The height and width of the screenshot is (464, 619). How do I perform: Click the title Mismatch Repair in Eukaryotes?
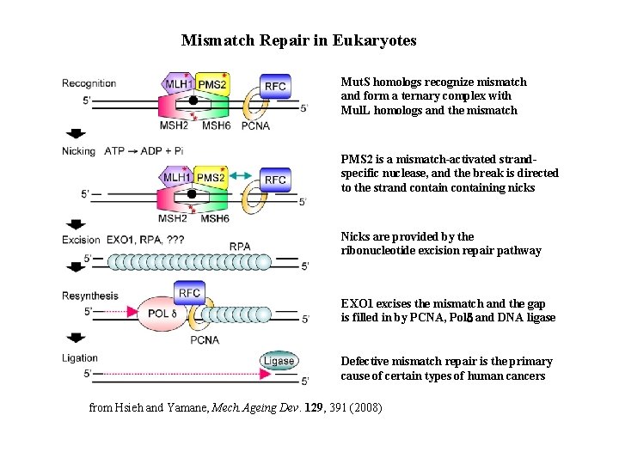(x=298, y=40)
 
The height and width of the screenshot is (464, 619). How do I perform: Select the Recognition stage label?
(x=89, y=83)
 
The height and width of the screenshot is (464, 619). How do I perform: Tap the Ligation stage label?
(x=80, y=358)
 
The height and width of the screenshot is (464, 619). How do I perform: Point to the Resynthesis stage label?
(x=90, y=296)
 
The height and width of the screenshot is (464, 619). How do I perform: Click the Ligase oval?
(x=279, y=361)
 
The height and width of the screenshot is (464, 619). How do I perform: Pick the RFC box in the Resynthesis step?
(x=190, y=293)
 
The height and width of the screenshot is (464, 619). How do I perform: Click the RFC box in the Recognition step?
(x=275, y=86)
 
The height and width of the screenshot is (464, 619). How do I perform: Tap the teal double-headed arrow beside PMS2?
(x=245, y=176)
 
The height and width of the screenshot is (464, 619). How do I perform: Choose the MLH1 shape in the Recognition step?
(x=177, y=84)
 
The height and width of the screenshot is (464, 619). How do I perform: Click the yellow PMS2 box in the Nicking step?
(x=211, y=178)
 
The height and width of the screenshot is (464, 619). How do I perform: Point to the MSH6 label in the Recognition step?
(x=215, y=125)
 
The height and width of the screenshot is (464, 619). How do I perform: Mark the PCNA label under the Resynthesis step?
(x=205, y=339)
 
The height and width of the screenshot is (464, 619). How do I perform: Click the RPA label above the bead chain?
(x=240, y=247)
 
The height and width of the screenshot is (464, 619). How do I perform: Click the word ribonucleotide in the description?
(x=380, y=251)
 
